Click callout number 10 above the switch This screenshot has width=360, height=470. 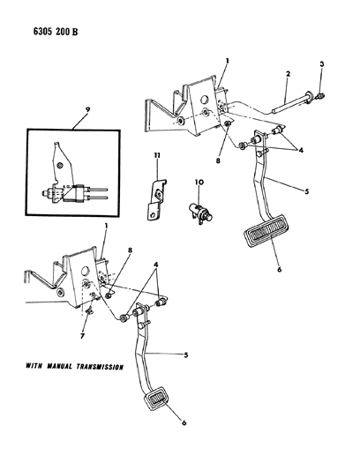coord(200,183)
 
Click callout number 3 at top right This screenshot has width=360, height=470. coord(322,66)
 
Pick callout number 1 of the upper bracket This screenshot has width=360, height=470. coord(226,63)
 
